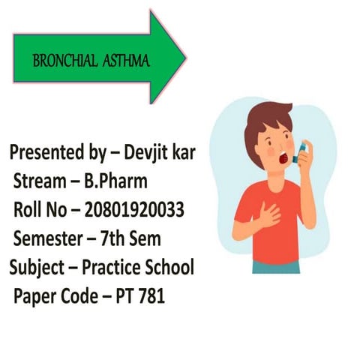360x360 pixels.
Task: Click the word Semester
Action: point(47,239)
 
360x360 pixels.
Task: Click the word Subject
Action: point(36,268)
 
